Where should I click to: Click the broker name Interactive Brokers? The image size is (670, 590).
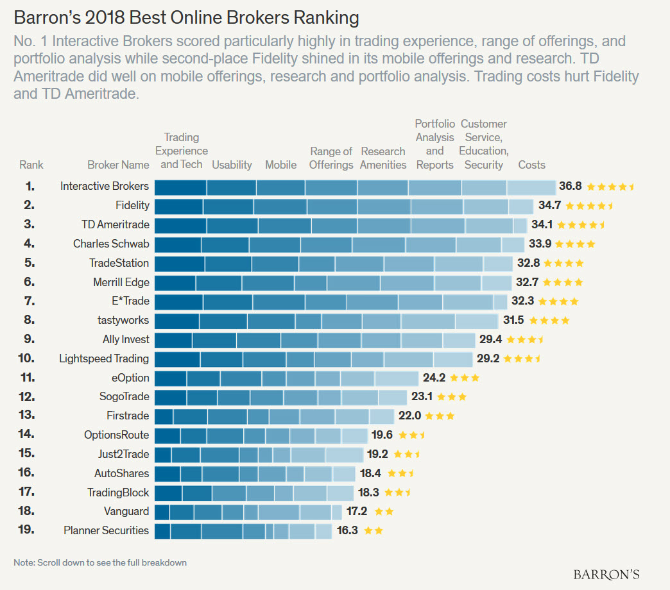[x=105, y=187]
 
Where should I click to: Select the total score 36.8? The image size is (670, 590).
[x=570, y=187]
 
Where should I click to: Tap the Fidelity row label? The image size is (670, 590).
[x=133, y=206]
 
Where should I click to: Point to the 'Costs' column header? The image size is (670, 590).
[x=531, y=165]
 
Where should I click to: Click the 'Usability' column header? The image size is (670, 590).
[x=232, y=165]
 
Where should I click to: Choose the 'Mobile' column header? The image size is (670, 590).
[x=281, y=165]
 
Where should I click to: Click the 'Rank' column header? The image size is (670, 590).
[x=31, y=165]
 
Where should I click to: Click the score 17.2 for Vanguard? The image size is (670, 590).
[x=357, y=512]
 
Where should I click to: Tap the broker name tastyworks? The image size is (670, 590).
[x=123, y=320]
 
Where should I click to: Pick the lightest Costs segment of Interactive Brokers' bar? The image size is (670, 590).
[x=531, y=187]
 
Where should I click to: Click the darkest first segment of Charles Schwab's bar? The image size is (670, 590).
[x=178, y=244]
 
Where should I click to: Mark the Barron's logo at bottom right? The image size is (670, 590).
[x=606, y=574]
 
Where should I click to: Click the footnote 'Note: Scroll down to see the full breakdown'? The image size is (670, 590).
[x=100, y=562]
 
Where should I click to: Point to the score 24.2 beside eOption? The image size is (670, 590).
[x=434, y=378]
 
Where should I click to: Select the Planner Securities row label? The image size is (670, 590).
[x=107, y=530]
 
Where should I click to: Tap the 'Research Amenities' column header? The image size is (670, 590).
[x=383, y=158]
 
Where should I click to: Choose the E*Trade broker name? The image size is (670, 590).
[x=132, y=301]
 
